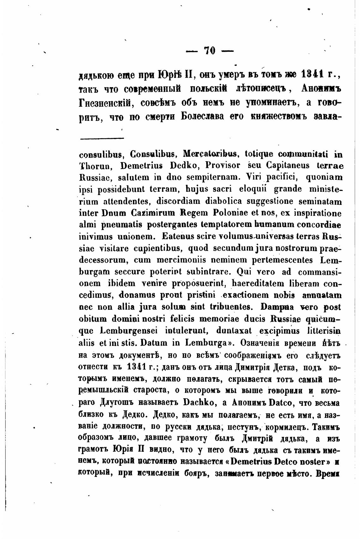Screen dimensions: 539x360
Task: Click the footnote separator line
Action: tap(102, 138)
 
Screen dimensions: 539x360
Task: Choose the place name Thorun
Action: tap(92, 166)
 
